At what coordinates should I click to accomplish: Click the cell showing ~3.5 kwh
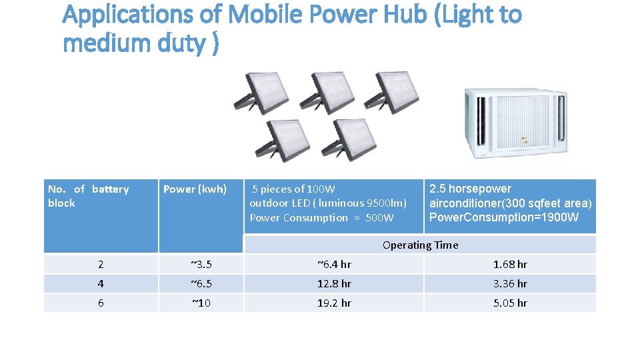[x=200, y=265]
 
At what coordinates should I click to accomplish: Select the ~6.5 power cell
[x=200, y=284]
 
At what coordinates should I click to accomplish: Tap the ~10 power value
[x=200, y=303]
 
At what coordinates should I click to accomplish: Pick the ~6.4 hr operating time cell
[x=333, y=265]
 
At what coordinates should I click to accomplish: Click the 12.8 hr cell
[x=333, y=284]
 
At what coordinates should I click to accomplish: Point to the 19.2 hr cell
[x=333, y=303]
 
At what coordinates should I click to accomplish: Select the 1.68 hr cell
[x=510, y=265]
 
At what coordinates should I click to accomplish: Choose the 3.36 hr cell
[x=510, y=284]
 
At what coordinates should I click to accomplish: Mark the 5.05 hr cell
[x=510, y=303]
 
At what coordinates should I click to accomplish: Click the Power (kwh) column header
[x=195, y=189]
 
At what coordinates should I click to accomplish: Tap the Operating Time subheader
[x=420, y=245]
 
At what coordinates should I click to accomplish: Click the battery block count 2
[x=101, y=265]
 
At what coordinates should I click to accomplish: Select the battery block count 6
[x=101, y=303]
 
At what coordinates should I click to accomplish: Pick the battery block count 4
[x=101, y=284]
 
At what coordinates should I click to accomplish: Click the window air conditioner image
[x=517, y=125]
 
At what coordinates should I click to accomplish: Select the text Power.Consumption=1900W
[x=504, y=218]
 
